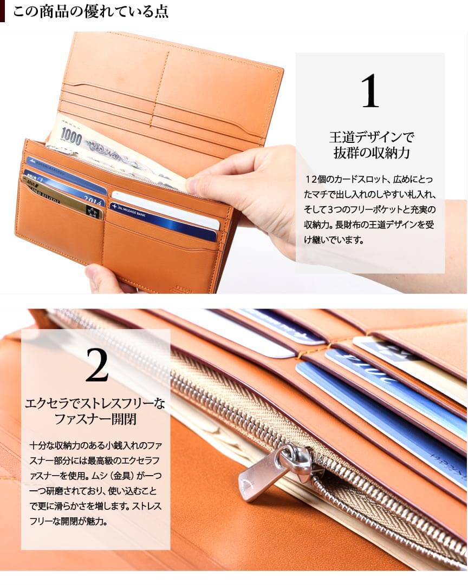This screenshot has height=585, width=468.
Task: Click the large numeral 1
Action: [370, 90]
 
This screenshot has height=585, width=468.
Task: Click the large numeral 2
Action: [96, 365]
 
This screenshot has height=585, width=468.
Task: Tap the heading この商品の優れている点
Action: [90, 11]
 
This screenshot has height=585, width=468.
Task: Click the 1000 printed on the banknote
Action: [71, 136]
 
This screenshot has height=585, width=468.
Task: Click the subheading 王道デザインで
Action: [372, 137]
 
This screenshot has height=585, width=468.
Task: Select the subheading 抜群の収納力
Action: [371, 153]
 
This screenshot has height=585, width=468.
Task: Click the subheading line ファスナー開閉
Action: [96, 419]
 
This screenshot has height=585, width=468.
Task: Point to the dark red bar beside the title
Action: [2, 11]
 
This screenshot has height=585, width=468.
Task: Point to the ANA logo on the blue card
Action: [31, 176]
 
